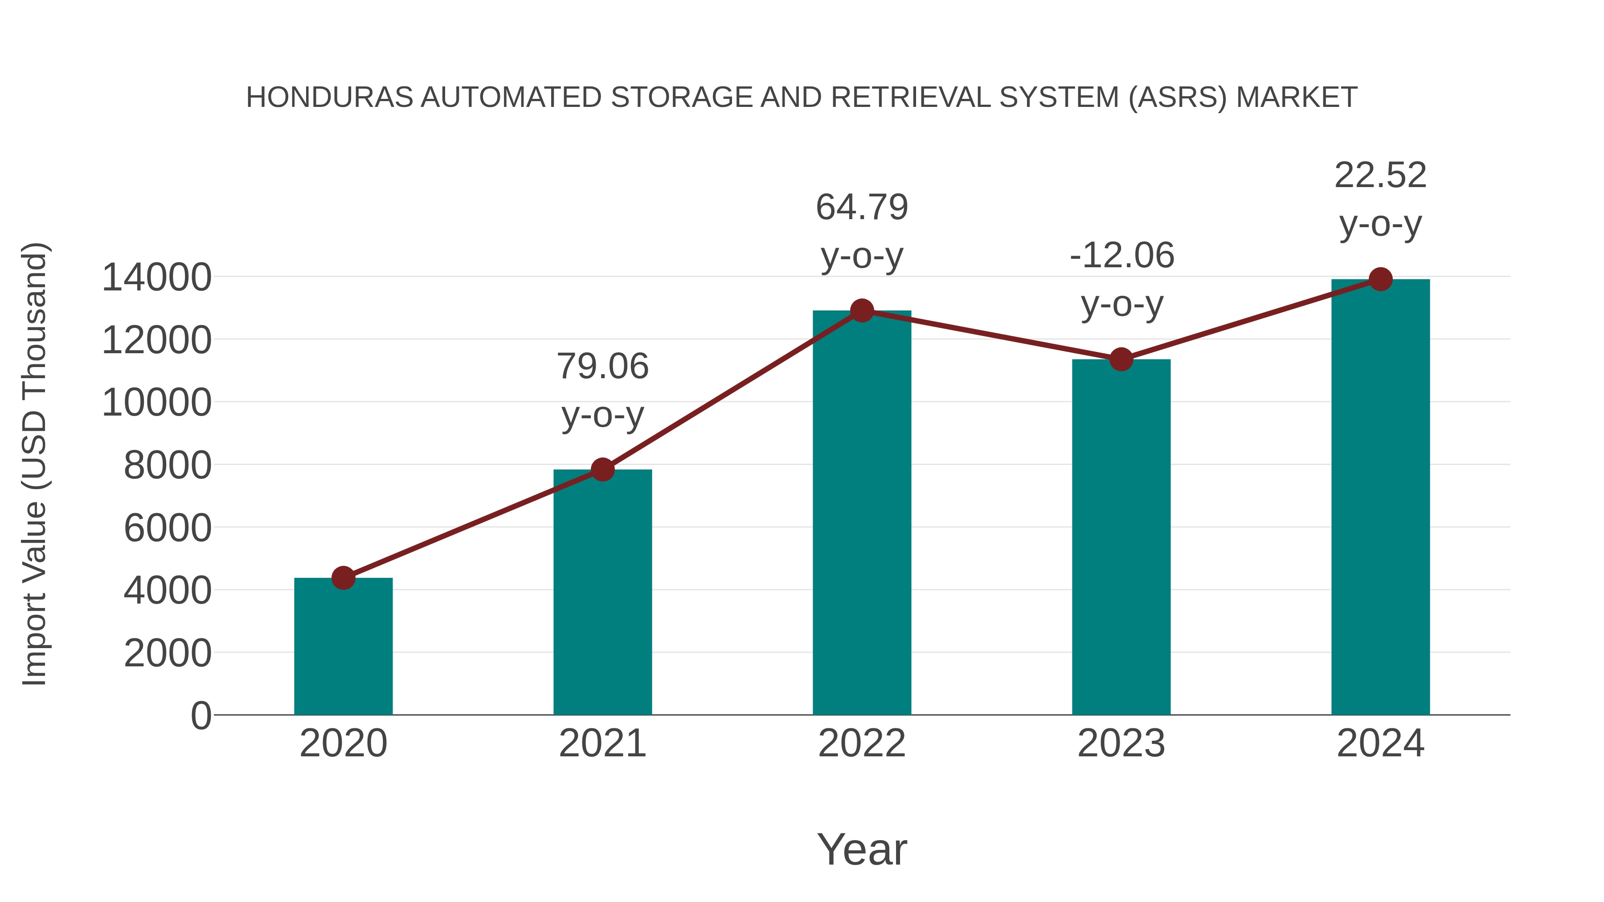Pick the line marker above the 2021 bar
[x=602, y=469]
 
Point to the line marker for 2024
[x=1380, y=279]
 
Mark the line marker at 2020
[x=343, y=578]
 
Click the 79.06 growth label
[x=602, y=366]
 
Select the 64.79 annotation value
[x=862, y=207]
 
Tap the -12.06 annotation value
[x=1121, y=255]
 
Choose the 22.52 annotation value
[x=1380, y=175]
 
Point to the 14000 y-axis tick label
[x=156, y=277]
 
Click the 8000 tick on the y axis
[x=168, y=465]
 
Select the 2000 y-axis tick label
[x=168, y=653]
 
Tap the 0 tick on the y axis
[x=200, y=715]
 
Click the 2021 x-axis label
[x=602, y=743]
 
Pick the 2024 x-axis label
[x=1380, y=743]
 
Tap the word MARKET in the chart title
[x=1297, y=98]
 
